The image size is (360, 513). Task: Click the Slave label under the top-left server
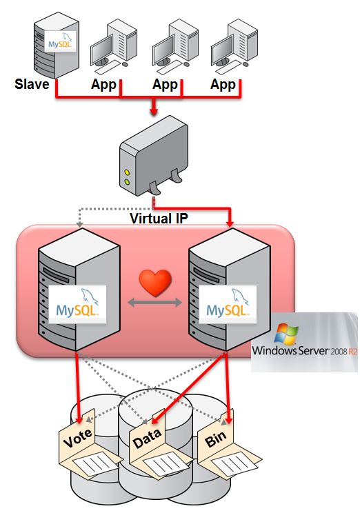32,85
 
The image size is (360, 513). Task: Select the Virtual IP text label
160,219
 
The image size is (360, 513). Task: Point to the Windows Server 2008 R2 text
305,350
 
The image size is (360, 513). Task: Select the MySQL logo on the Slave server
60,42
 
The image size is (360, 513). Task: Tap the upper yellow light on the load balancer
128,172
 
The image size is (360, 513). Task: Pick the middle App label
165,85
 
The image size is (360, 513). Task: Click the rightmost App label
223,85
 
